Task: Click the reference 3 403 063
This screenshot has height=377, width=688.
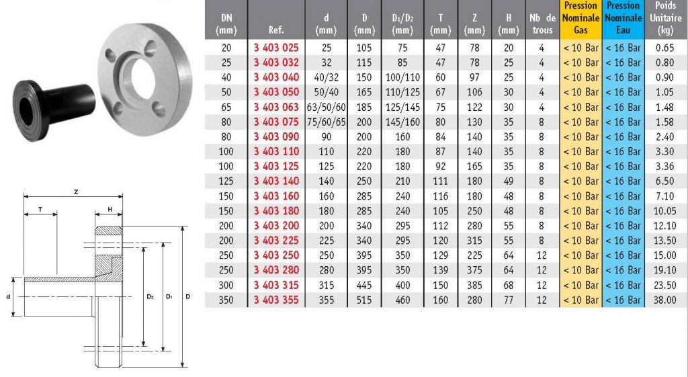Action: (x=276, y=107)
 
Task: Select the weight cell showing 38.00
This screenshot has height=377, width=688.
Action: (x=664, y=300)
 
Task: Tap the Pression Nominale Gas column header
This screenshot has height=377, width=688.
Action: (x=580, y=18)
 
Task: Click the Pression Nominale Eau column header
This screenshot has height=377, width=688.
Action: (x=623, y=18)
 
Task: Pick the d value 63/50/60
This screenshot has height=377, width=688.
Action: (x=327, y=107)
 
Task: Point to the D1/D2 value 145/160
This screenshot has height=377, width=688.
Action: (x=402, y=122)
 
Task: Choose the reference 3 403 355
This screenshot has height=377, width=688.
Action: (x=276, y=300)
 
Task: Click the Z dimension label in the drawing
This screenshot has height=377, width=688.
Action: (x=76, y=192)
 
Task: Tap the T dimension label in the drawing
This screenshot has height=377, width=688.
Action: (x=40, y=210)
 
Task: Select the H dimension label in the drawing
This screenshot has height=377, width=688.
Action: (x=110, y=210)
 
